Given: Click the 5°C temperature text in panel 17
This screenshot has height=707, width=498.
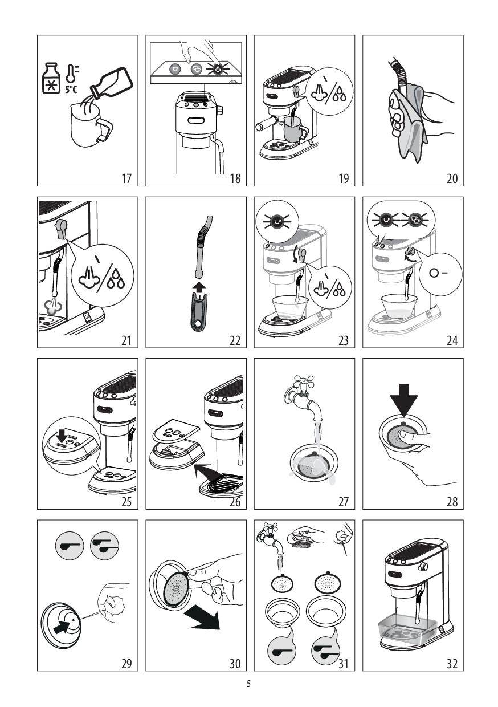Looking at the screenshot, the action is click(71, 90).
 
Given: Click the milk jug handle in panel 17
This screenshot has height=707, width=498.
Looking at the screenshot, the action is click(105, 129).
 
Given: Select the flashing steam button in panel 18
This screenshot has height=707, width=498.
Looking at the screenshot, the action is click(217, 69).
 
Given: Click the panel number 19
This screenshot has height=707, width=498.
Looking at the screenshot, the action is click(344, 178).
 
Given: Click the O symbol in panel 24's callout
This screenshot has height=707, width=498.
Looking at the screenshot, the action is click(434, 273).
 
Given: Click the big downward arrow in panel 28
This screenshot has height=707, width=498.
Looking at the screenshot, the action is click(403, 399).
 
